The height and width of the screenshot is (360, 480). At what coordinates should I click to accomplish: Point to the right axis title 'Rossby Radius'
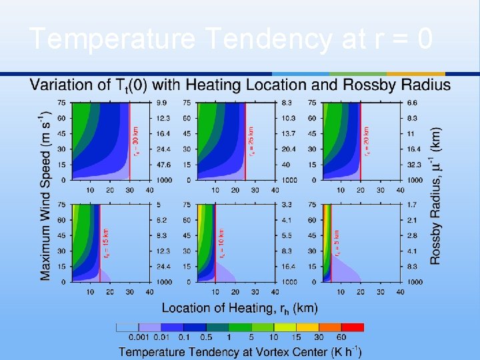[435, 197]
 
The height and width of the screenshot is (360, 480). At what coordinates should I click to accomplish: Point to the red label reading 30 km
[135, 142]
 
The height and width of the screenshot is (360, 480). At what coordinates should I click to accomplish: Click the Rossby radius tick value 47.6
[164, 164]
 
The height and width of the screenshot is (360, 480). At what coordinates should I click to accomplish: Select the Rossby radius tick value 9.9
[162, 103]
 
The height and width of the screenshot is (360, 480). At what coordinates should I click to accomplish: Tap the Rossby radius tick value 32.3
[414, 164]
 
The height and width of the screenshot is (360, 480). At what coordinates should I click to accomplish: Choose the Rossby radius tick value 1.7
[412, 205]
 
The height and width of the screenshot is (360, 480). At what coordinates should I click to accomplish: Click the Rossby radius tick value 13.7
[288, 133]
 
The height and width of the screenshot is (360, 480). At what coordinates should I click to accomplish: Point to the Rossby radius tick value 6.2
[162, 220]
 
